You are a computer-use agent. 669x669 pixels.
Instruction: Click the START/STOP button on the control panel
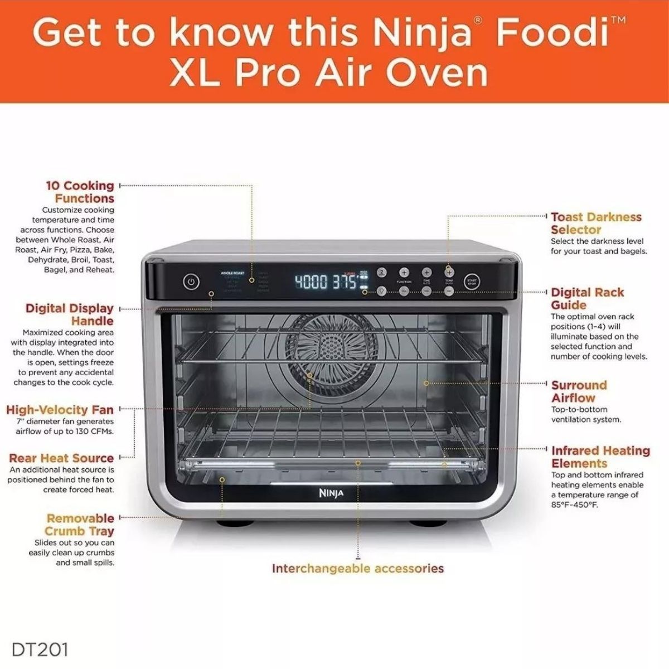click(472, 282)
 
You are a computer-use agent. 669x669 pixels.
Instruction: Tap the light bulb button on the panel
click(382, 291)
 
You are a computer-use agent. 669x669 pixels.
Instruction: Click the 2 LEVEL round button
click(382, 273)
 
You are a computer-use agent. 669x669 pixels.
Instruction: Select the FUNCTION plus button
click(404, 272)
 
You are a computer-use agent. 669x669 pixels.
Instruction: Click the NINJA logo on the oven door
click(331, 493)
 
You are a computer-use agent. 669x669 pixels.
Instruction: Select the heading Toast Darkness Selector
click(595, 223)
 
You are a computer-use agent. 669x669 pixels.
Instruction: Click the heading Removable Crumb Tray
click(80, 525)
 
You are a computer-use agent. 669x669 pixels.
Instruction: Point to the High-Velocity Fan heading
click(60, 410)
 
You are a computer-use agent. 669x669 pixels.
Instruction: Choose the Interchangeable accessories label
click(357, 569)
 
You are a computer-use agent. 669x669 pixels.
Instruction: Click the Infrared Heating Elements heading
click(600, 457)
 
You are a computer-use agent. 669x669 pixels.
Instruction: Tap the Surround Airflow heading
click(579, 391)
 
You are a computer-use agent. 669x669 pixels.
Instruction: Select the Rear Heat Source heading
click(61, 458)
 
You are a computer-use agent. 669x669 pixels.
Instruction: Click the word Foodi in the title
click(552, 33)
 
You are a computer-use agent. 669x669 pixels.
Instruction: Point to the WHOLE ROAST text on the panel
click(232, 273)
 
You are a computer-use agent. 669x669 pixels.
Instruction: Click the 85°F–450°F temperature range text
click(573, 505)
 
